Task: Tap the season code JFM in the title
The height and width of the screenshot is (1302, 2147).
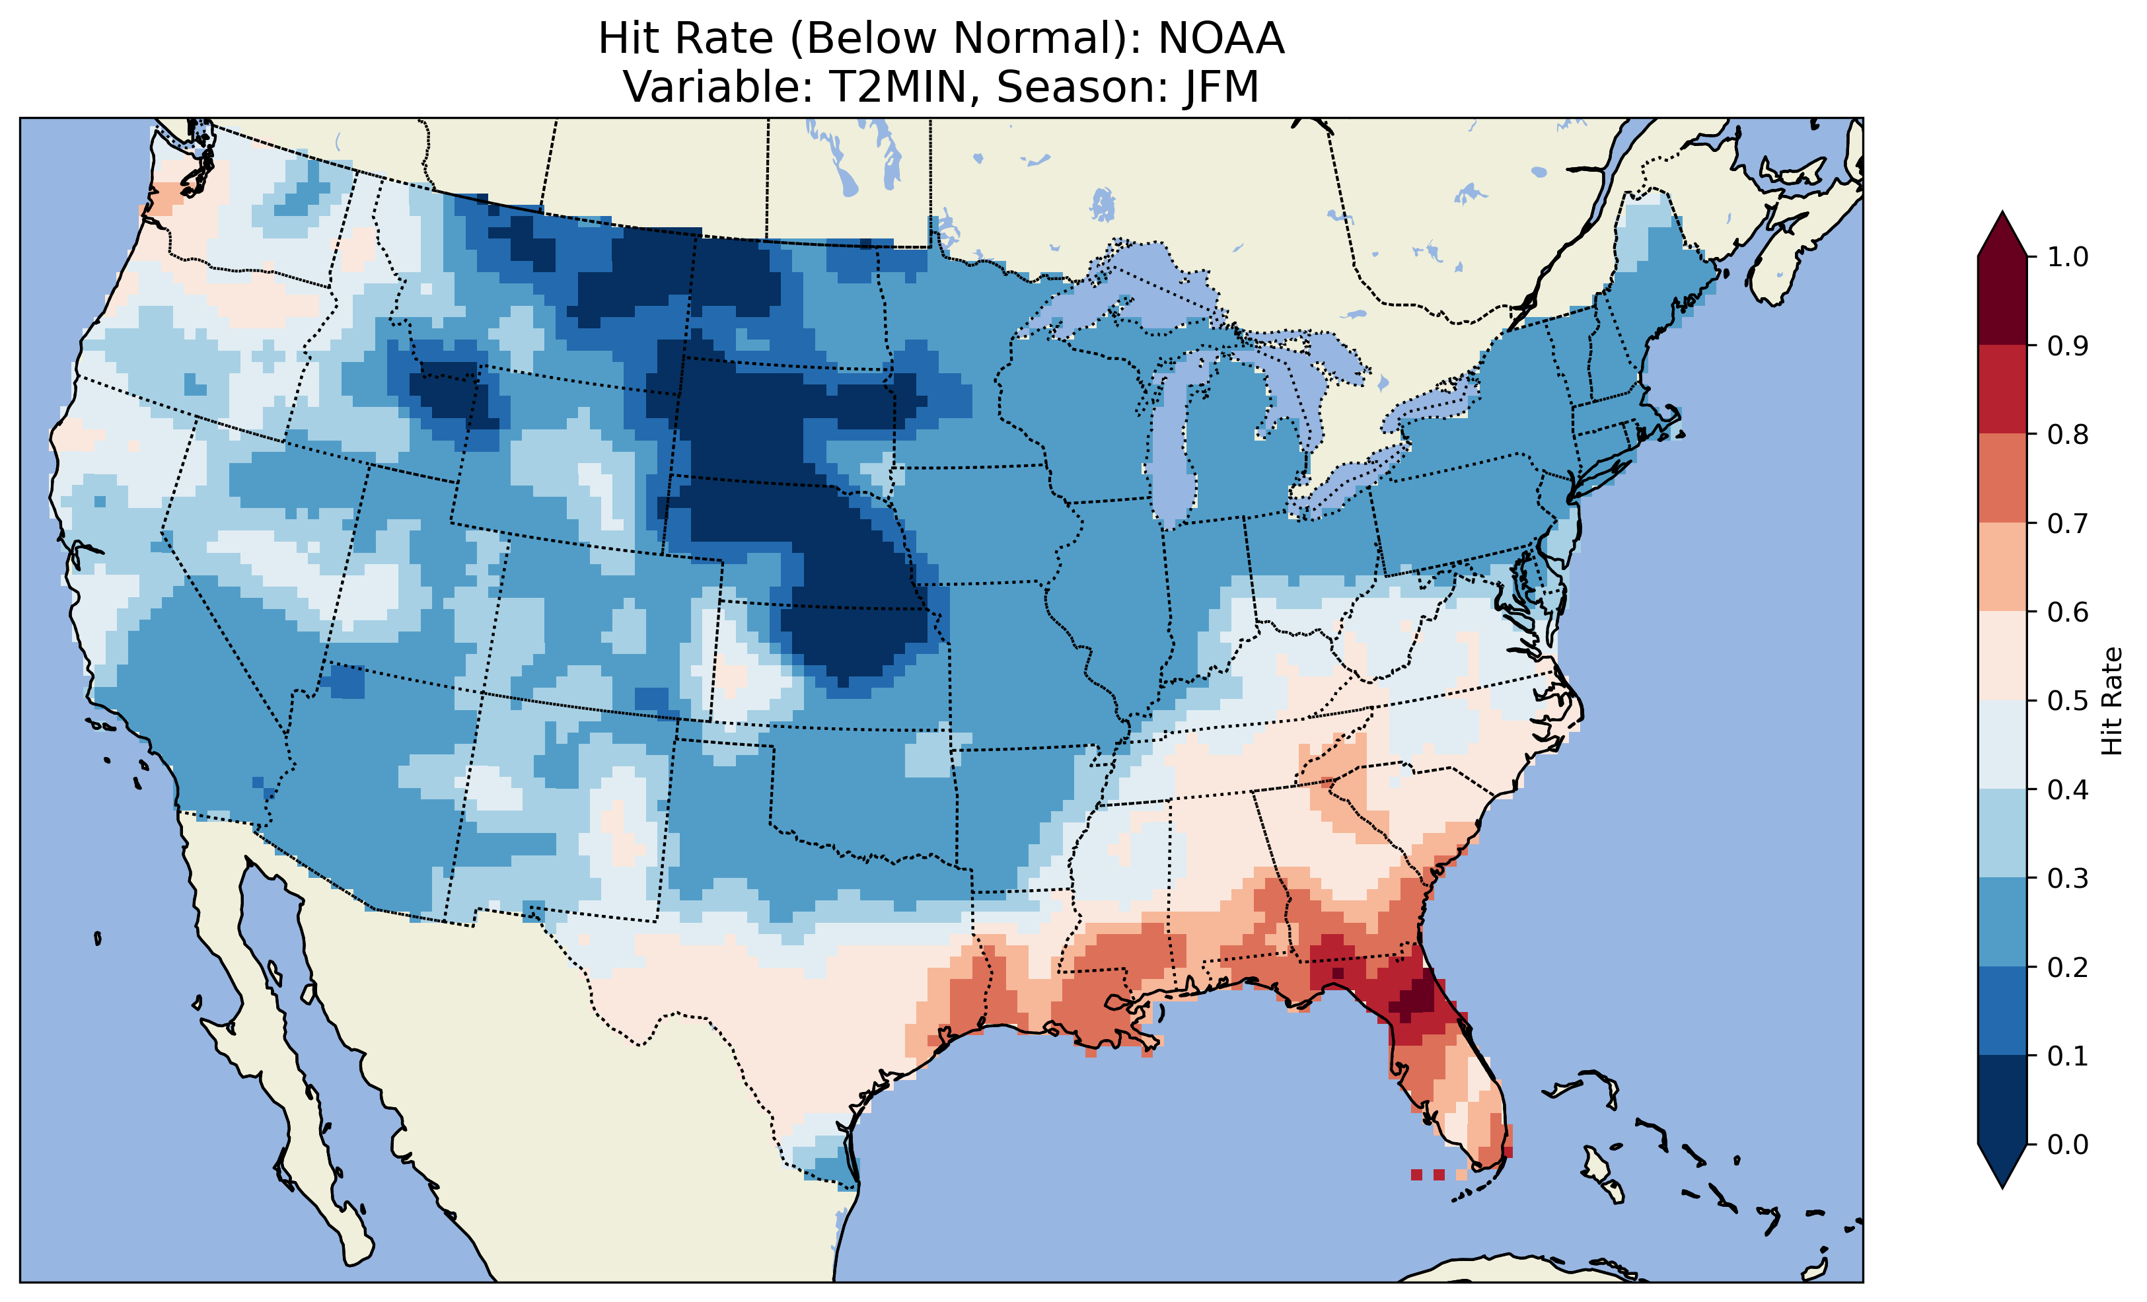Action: click(1221, 87)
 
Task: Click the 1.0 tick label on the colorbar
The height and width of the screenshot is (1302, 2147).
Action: click(2068, 257)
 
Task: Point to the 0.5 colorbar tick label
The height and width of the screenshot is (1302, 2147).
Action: click(2068, 701)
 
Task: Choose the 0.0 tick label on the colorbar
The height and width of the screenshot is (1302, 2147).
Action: click(2068, 1144)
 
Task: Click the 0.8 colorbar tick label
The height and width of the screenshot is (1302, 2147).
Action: click(2068, 434)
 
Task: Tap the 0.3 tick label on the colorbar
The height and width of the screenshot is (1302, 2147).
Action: click(2068, 878)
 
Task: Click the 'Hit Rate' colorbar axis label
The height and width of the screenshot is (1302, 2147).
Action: click(2111, 701)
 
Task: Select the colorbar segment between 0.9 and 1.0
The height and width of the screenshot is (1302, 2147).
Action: click(2002, 301)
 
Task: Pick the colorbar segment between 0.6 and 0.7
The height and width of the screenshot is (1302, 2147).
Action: click(2002, 567)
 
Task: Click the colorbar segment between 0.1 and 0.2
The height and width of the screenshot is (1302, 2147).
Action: click(2002, 1011)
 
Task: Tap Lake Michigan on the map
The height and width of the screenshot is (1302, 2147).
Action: click(1172, 436)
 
